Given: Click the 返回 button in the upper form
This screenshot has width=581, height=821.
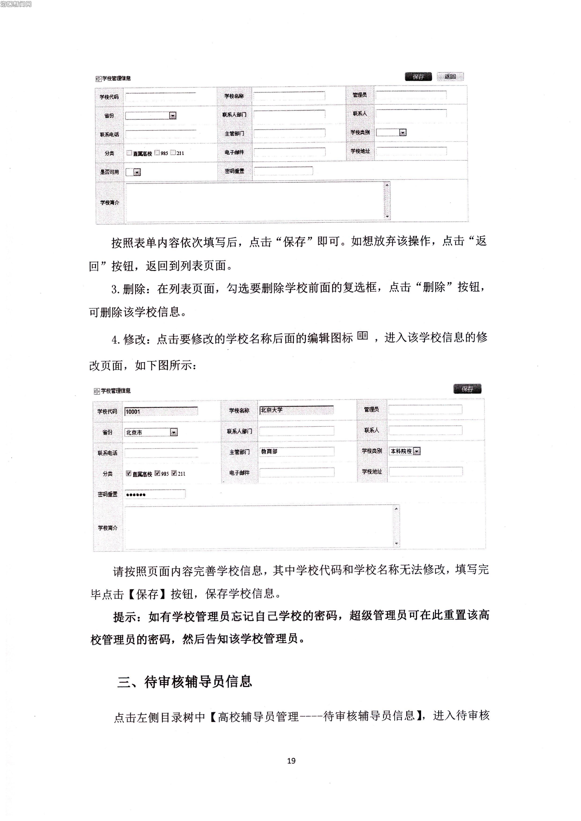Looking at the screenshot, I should point(450,77).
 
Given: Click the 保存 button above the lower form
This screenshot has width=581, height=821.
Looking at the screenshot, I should point(467,389).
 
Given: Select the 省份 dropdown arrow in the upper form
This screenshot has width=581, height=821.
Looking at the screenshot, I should point(173,116).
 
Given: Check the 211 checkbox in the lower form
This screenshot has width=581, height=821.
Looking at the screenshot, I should point(174,473).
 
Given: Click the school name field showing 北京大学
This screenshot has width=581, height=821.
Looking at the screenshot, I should point(296,410).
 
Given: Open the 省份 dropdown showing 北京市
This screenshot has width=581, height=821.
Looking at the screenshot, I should point(173,432).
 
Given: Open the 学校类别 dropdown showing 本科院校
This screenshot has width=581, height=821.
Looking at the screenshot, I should point(417,451).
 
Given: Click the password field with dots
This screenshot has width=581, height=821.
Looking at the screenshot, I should point(155,495).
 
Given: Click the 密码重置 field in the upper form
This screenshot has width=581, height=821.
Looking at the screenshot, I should point(283,171).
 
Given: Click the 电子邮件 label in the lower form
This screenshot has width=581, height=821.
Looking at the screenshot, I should point(239,473).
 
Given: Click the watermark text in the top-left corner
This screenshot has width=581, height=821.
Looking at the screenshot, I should point(16,4).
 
